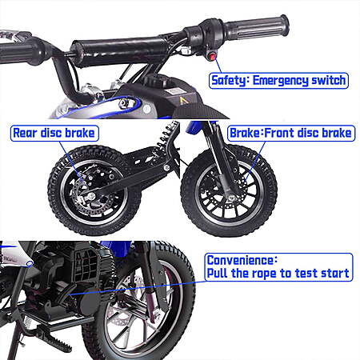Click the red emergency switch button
coord(212,57)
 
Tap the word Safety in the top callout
coord(228,80)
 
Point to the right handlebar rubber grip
coord(257,26)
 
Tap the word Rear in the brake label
coord(25,133)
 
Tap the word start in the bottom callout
coord(334,273)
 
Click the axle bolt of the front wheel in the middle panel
coord(231,198)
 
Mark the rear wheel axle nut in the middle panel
coord(91,197)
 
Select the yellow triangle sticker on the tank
coord(183,101)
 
